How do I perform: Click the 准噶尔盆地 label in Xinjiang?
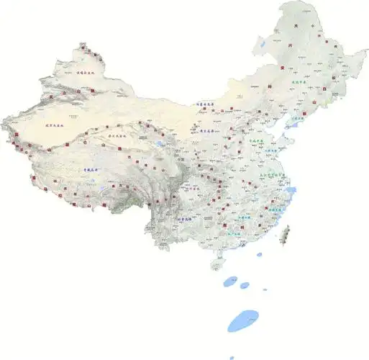[x=86, y=73]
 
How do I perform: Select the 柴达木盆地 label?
[x=117, y=135]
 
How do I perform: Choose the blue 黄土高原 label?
[x=209, y=132]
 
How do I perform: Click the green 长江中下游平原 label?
[x=271, y=175]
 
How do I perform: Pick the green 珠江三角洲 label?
[x=237, y=233]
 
